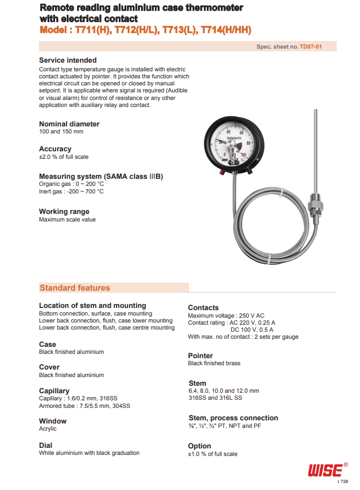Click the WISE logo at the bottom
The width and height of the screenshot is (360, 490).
tap(325, 469)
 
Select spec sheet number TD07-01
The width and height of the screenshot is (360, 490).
tap(311, 47)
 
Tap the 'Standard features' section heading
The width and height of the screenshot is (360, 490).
tap(74, 288)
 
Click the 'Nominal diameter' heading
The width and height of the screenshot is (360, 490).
tap(69, 124)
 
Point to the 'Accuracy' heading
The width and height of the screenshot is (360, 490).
tap(55, 149)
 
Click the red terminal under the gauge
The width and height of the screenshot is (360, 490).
tap(222, 172)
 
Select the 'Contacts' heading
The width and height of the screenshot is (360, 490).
tap(203, 307)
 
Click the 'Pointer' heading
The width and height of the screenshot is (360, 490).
tap(200, 355)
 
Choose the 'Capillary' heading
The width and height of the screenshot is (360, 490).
tap(54, 391)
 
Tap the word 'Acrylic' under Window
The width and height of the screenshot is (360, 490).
tap(47, 429)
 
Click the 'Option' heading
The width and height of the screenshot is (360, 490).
tap(200, 446)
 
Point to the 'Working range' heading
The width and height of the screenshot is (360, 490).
tap(64, 211)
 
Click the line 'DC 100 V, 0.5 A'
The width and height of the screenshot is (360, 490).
tap(252, 329)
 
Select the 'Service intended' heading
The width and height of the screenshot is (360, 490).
tap(68, 60)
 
